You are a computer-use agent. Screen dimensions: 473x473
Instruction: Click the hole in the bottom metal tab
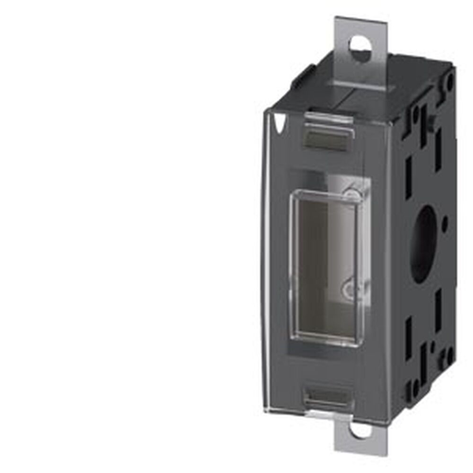360,430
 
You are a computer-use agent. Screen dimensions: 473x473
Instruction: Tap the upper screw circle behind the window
352,194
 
